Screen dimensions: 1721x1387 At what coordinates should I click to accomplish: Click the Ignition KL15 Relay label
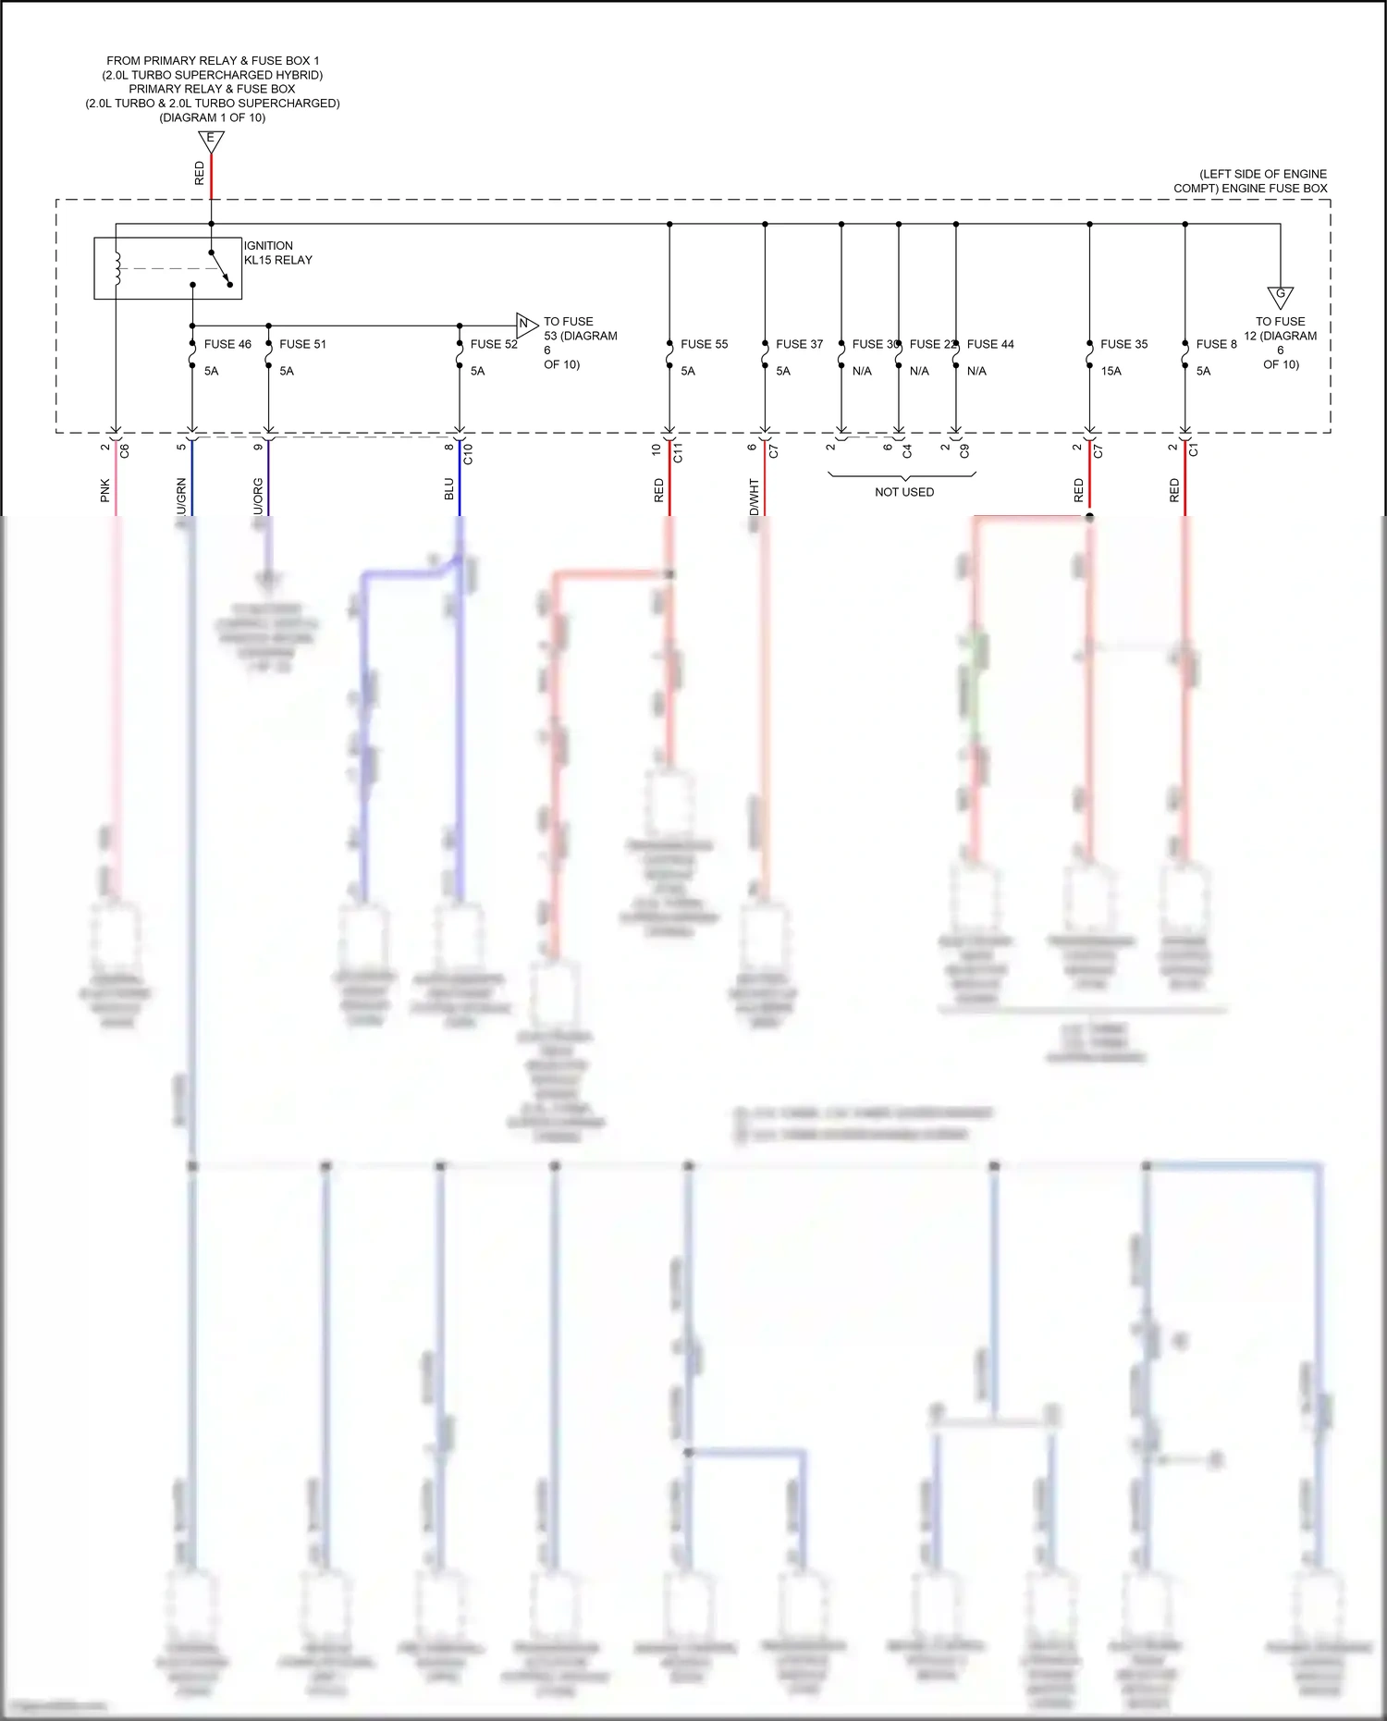(277, 252)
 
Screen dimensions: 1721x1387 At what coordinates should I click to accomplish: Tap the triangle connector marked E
(211, 141)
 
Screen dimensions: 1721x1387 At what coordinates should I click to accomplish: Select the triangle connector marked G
(1281, 296)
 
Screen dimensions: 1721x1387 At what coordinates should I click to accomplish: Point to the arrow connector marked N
(525, 324)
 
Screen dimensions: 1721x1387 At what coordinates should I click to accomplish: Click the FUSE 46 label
(227, 344)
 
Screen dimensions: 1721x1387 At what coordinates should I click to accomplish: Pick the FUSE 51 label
(302, 344)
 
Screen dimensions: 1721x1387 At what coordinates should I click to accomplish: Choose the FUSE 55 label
(704, 344)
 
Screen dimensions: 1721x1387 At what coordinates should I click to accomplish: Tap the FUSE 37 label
(799, 344)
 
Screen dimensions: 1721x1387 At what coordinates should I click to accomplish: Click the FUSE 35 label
(1123, 344)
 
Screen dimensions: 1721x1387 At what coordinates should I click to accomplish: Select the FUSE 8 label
(1216, 344)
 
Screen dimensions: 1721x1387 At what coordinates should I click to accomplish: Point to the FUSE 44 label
(990, 344)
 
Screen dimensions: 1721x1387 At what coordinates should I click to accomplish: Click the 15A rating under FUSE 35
(1111, 371)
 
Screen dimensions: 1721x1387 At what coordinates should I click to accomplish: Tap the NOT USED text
(904, 492)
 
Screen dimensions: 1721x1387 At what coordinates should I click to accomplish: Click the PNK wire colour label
(105, 490)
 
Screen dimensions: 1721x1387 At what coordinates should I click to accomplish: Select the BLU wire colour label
(449, 489)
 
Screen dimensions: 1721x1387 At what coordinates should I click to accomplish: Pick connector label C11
(678, 453)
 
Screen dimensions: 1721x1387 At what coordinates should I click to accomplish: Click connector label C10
(468, 454)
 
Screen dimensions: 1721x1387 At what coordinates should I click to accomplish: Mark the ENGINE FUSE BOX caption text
(1250, 181)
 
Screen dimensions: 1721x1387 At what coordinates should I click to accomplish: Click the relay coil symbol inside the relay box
(117, 268)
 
